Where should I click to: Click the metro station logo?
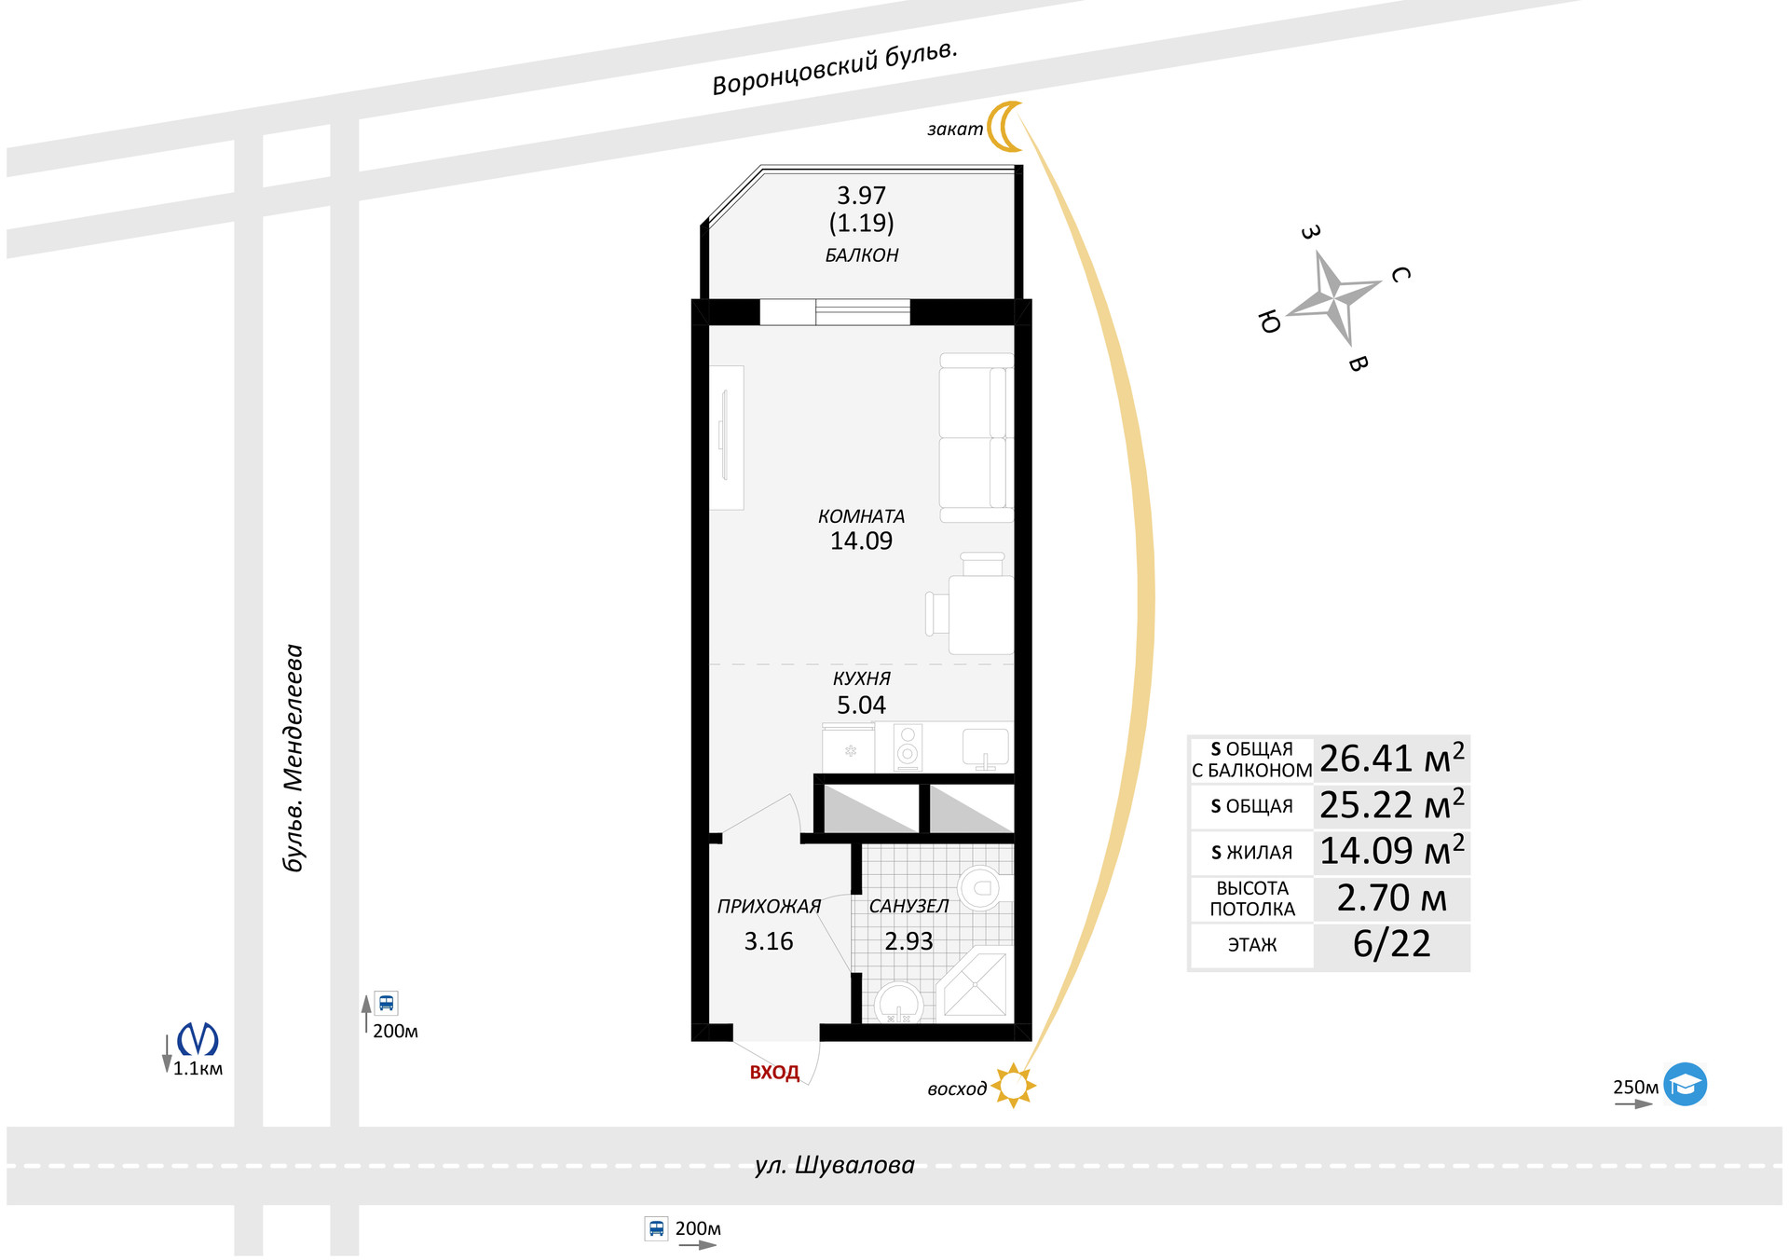pyautogui.click(x=198, y=1039)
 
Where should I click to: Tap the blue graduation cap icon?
pyautogui.click(x=1685, y=1084)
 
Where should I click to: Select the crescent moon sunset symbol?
pyautogui.click(x=1004, y=126)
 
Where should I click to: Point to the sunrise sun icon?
pyautogui.click(x=1013, y=1086)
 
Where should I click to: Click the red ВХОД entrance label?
pyautogui.click(x=774, y=1073)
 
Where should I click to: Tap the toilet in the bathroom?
pyautogui.click(x=979, y=888)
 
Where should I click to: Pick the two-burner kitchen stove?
pyautogui.click(x=908, y=746)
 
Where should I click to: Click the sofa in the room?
pyautogui.click(x=976, y=437)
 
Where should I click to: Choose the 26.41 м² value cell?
pyautogui.click(x=1391, y=760)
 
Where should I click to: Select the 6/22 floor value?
pyautogui.click(x=1391, y=944)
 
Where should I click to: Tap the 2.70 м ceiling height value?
pyautogui.click(x=1391, y=898)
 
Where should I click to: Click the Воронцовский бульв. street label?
pyautogui.click(x=834, y=69)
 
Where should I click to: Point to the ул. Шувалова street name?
pyautogui.click(x=834, y=1165)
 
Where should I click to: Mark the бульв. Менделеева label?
pyautogui.click(x=294, y=758)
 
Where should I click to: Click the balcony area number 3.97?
pyautogui.click(x=861, y=196)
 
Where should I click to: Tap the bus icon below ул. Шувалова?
pyautogui.click(x=656, y=1228)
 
